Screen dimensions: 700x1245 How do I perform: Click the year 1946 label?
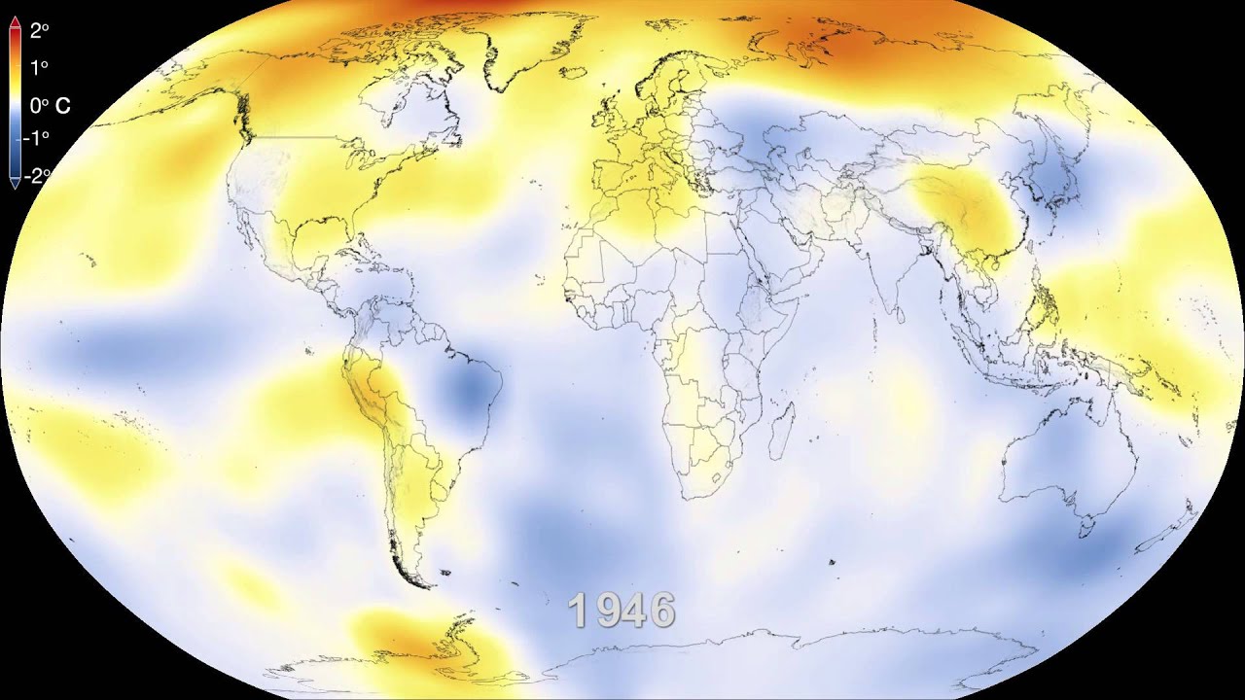tap(622, 611)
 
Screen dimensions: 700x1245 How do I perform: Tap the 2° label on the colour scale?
tap(39, 30)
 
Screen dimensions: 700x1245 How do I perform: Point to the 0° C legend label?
tap(50, 106)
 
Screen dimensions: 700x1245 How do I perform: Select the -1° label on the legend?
tap(37, 138)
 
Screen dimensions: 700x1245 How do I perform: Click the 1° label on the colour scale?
tap(39, 68)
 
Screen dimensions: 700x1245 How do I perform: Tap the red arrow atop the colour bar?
tap(15, 29)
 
